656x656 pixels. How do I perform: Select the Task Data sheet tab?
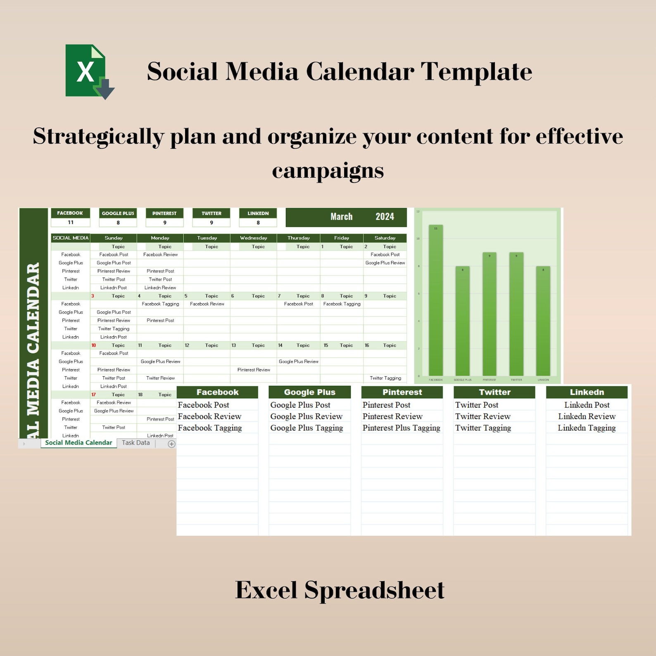pos(135,443)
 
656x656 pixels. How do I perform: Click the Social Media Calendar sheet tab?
pos(78,443)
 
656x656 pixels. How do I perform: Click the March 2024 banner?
pos(346,217)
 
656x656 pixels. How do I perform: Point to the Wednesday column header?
pos(253,238)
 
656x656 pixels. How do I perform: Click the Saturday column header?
pos(385,238)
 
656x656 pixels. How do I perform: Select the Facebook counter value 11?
pos(71,223)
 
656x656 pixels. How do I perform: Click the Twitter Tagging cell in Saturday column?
pos(385,378)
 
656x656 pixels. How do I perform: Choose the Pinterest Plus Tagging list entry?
pos(401,428)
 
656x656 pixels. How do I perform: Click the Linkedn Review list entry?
pos(587,416)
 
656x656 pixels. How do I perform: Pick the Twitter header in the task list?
pos(494,392)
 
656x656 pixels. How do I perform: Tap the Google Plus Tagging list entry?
pos(307,428)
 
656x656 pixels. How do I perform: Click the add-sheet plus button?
pos(171,444)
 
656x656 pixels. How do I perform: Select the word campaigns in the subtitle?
pos(328,170)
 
